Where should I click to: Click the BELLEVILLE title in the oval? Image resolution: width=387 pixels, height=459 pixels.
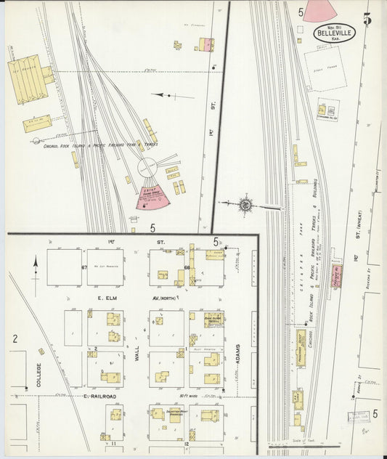[335, 33]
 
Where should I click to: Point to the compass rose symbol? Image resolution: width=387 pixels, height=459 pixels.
[245, 205]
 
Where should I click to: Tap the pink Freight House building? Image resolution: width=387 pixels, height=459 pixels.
[337, 277]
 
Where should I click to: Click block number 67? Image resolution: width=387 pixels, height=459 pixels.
[84, 268]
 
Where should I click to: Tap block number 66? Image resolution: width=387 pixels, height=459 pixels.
[187, 268]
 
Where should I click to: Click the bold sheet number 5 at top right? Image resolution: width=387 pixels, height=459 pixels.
[367, 20]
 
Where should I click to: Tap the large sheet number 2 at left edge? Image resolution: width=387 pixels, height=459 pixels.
[15, 338]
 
